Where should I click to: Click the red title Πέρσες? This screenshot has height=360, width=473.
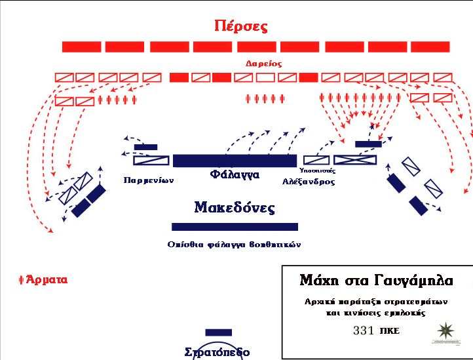(241, 27)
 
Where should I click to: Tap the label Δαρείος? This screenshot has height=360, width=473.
(263, 64)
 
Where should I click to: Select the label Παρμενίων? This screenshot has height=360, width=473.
(148, 179)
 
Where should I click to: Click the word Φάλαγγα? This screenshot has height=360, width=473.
(235, 175)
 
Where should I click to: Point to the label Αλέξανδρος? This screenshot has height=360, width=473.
(309, 182)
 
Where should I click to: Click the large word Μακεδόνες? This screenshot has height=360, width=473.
(234, 209)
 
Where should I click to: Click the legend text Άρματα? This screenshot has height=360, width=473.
(47, 279)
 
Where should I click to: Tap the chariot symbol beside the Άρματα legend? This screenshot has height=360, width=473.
(22, 279)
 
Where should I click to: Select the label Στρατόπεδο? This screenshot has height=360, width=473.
(216, 352)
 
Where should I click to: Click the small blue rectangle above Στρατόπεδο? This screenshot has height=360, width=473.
(218, 332)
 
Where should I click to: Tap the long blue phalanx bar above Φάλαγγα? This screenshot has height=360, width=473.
(235, 161)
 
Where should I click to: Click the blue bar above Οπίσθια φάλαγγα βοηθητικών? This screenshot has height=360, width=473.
(235, 227)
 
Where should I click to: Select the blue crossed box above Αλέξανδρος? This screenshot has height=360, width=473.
(355, 159)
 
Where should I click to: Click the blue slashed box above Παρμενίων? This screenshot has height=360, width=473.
(151, 161)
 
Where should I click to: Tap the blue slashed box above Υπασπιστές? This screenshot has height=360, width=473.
(316, 159)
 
